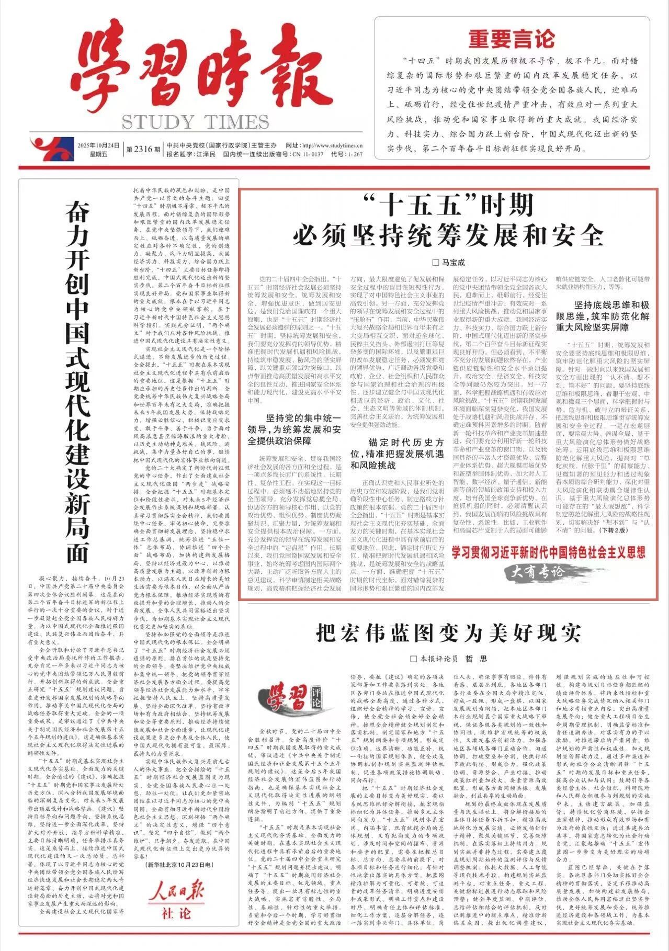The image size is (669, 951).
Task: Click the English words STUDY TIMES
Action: pos(195,122)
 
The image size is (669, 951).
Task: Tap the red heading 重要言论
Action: pos(511,39)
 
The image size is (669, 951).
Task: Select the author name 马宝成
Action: pos(448,262)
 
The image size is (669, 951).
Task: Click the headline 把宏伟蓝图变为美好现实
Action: pos(448,633)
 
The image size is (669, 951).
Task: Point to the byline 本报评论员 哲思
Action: pos(448,659)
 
